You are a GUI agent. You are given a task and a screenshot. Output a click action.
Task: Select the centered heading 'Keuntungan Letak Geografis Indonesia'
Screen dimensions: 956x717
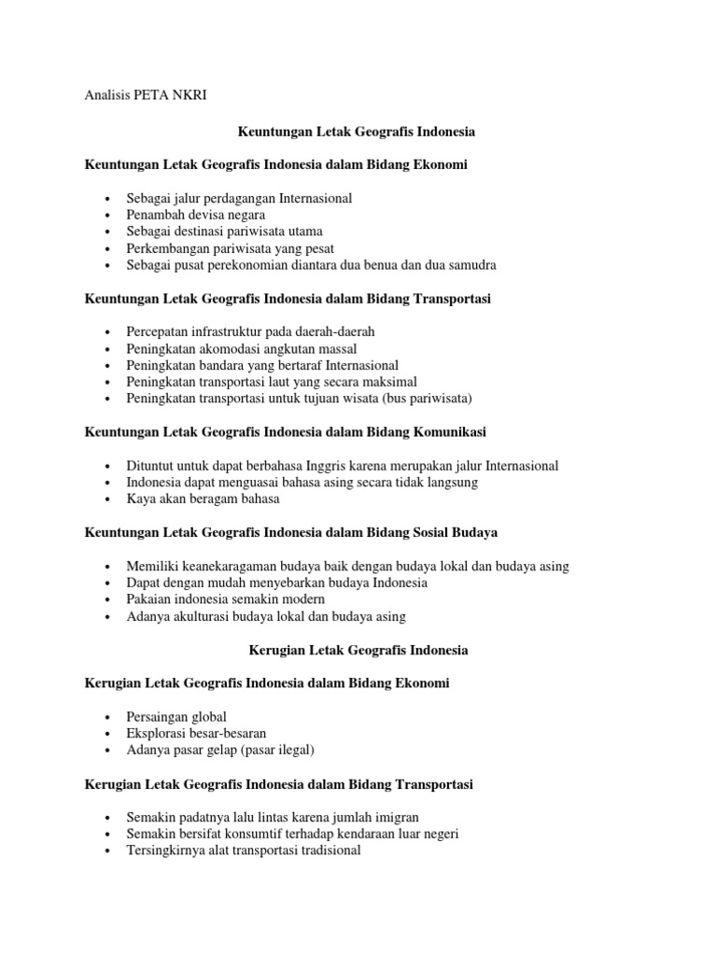click(x=358, y=132)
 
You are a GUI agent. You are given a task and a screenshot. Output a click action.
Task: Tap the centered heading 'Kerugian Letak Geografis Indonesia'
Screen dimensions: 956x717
click(x=358, y=650)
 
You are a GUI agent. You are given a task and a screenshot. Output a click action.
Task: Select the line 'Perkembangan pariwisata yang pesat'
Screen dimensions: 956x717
click(x=230, y=248)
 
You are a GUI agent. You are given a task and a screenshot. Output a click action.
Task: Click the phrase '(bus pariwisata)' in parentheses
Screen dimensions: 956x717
click(x=427, y=399)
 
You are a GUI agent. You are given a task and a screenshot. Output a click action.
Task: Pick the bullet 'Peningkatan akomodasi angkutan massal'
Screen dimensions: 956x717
click(x=242, y=348)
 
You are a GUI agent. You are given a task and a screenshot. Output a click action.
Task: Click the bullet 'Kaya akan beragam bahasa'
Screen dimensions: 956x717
click(x=203, y=499)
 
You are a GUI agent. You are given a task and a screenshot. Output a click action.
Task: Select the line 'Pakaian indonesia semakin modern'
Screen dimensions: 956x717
click(x=226, y=599)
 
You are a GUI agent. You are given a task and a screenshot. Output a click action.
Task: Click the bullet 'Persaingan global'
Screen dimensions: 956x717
click(x=176, y=717)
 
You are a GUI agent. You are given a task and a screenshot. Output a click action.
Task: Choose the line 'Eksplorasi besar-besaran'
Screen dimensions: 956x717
click(x=196, y=734)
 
